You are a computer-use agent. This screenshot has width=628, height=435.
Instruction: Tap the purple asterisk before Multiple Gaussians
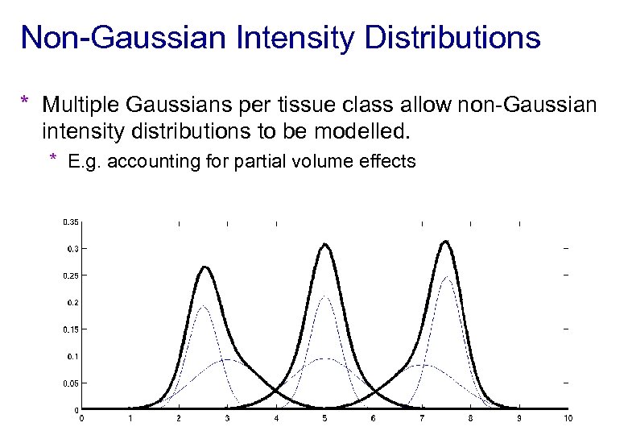point(26,103)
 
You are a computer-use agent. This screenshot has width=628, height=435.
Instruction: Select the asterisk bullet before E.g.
point(53,159)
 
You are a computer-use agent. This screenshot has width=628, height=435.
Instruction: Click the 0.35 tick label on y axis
point(71,222)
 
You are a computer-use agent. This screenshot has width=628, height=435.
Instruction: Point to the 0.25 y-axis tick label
point(71,275)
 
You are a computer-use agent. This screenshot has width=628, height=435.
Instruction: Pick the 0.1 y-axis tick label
point(72,356)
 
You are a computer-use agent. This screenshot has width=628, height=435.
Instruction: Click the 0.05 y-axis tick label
point(71,383)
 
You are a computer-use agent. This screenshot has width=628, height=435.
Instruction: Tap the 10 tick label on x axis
point(568,418)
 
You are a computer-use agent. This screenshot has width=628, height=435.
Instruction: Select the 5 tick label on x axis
point(324,418)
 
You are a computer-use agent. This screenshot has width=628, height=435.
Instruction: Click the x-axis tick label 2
point(179,418)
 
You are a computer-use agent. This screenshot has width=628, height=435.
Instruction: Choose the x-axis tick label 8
point(470,418)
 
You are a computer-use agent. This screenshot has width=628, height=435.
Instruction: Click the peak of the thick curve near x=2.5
point(205,267)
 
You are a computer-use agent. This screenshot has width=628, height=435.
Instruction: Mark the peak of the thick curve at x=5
point(324,244)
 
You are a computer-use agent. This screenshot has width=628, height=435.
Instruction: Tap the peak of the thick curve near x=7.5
point(445,241)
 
